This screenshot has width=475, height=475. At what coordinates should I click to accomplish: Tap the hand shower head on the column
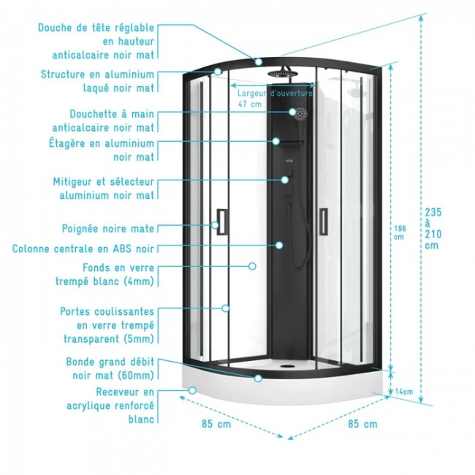300,113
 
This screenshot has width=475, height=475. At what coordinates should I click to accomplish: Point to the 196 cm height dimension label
399,232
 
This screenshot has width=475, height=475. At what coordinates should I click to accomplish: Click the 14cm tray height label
404,392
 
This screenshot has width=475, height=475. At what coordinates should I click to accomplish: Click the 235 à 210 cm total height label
433,228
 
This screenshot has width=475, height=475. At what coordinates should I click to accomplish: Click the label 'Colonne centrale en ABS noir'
83,248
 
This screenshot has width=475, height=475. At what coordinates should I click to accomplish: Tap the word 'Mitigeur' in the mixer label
76,180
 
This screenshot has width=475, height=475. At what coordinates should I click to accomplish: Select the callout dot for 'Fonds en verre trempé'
253,267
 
